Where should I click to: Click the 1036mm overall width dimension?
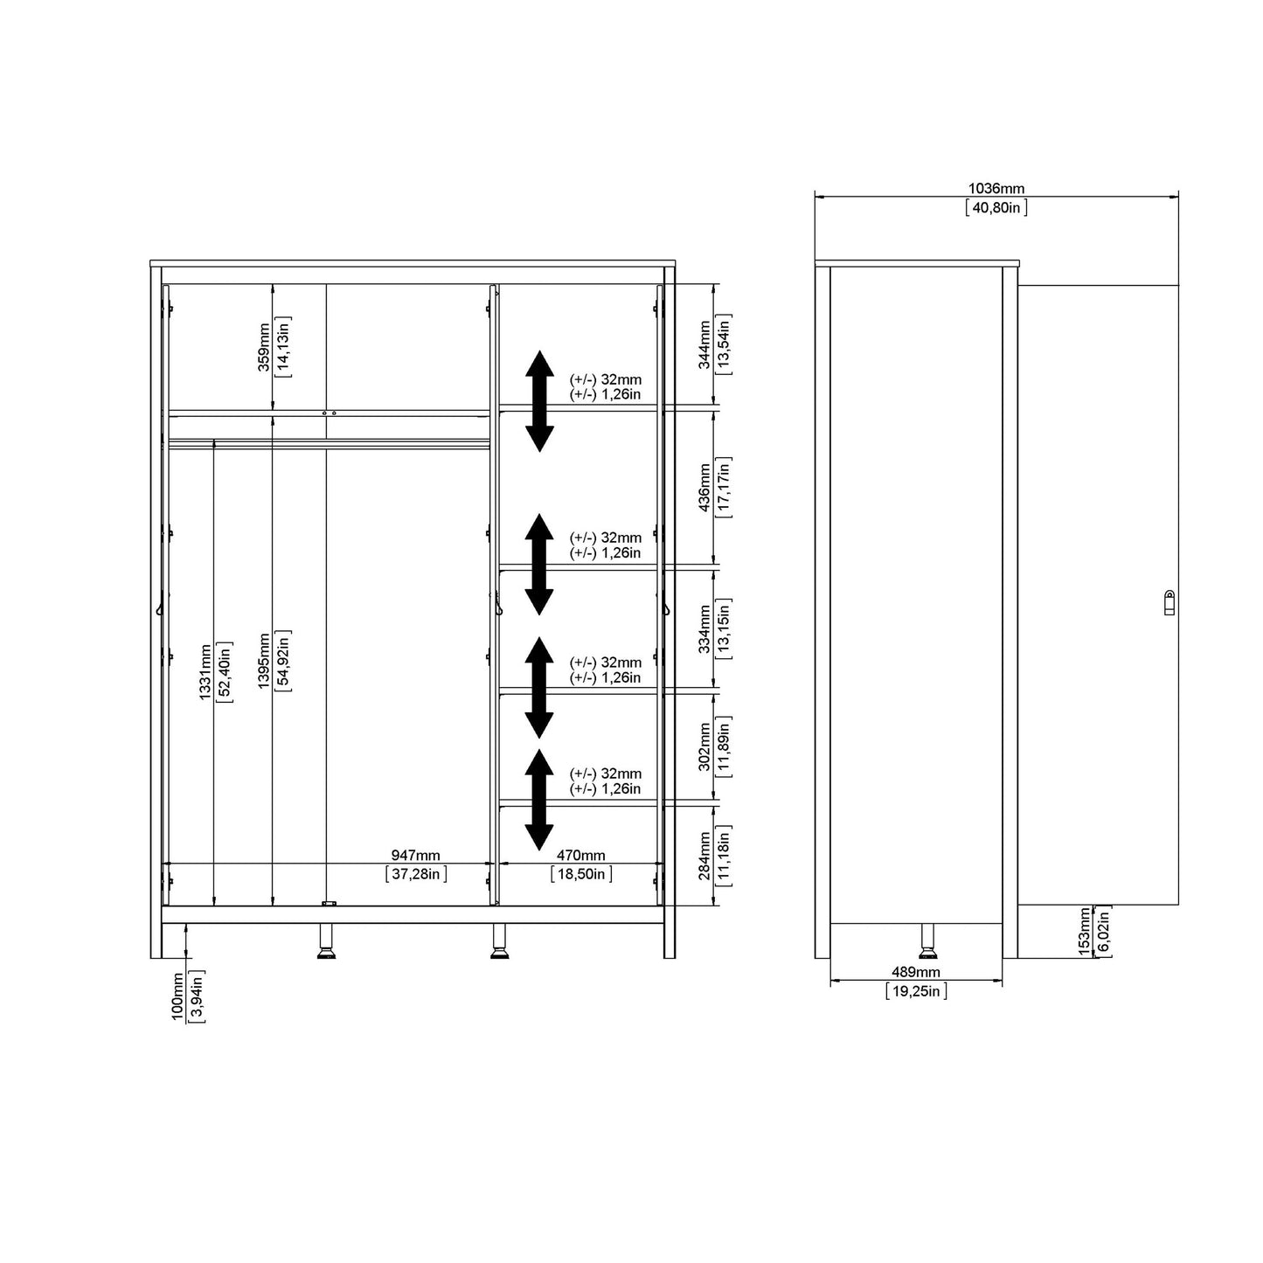996,189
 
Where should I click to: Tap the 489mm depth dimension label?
915,972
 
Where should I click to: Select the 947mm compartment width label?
415,856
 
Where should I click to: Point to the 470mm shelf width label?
580,856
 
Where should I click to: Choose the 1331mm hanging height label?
205,671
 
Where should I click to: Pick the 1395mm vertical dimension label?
265,661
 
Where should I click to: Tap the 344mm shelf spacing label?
704,344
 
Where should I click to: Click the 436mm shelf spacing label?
704,488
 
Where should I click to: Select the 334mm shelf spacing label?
704,629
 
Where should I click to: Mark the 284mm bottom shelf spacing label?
704,856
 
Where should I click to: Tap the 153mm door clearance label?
1085,932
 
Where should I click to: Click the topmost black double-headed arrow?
539,401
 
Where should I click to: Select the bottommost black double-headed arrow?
539,801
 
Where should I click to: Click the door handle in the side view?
1169,602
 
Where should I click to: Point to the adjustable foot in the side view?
926,941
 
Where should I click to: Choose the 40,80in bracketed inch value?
996,208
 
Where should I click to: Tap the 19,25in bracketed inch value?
915,991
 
